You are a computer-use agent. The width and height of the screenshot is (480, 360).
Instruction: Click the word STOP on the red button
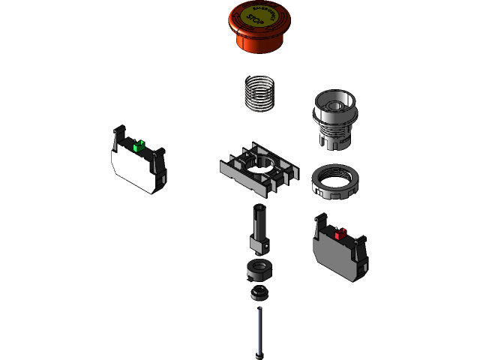click(256, 23)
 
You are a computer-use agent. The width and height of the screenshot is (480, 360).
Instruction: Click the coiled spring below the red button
click(260, 93)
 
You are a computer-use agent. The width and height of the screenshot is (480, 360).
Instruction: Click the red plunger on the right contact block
click(340, 234)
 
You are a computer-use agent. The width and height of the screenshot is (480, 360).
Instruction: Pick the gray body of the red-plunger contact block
click(337, 256)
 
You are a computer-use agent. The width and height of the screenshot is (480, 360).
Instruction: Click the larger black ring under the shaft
click(257, 268)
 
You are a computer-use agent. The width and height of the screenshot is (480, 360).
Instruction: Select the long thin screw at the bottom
click(259, 327)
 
